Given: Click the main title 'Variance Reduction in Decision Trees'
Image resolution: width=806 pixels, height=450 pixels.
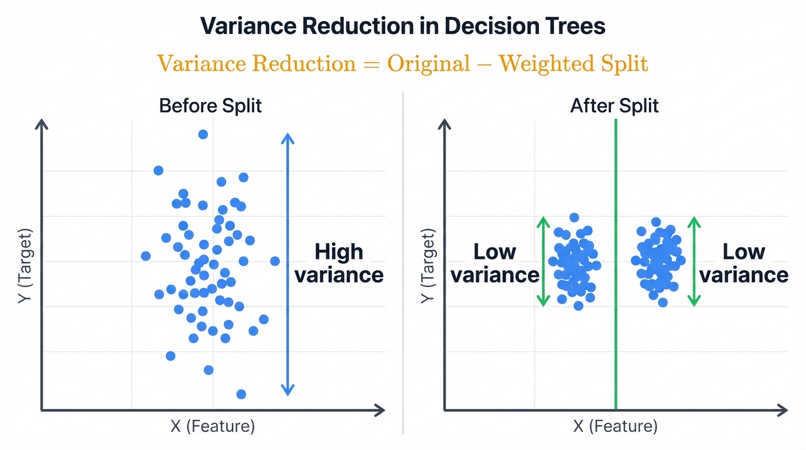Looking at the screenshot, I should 403,26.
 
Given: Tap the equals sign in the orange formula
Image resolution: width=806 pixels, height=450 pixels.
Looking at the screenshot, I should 371,63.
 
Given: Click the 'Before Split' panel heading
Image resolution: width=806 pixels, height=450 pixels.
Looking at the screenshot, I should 210,106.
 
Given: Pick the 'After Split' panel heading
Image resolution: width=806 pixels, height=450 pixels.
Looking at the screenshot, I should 614,106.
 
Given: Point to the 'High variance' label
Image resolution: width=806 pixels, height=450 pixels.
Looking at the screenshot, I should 339,263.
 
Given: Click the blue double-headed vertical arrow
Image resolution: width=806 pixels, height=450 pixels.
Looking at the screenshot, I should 287,264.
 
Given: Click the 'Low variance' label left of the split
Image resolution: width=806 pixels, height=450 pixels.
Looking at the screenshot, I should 495,263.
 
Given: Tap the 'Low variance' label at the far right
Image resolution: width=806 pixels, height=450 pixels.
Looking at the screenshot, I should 744,263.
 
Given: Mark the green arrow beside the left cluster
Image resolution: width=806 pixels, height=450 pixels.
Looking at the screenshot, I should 543,261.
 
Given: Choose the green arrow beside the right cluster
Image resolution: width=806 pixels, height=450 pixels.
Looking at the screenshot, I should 694,261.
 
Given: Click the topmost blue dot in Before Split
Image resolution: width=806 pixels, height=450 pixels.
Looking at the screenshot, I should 203,134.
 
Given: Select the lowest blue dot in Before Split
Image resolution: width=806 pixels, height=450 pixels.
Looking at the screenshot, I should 241,394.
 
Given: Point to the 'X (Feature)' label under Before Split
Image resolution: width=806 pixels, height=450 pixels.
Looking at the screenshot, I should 213,426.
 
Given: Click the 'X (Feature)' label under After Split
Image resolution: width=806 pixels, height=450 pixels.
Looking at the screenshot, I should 616,426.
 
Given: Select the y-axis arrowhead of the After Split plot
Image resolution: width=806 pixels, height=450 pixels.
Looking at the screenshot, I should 445,125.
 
